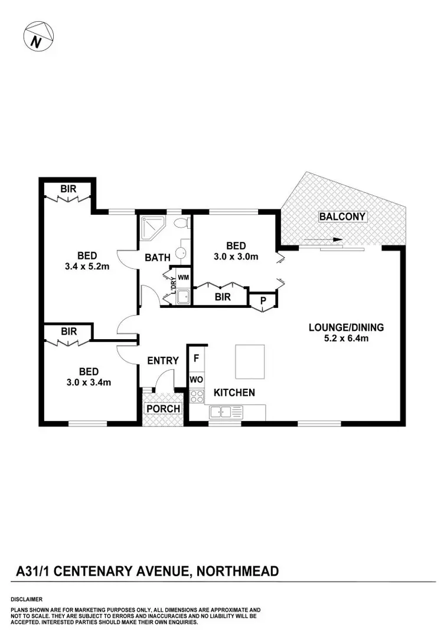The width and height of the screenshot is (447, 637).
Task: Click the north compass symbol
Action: [38, 37]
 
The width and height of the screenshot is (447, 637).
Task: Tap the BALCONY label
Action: [342, 216]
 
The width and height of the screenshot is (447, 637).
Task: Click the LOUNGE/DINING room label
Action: [346, 327]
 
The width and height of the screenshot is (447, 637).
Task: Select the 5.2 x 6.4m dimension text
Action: [346, 338]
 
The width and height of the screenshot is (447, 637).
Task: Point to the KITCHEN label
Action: [234, 392]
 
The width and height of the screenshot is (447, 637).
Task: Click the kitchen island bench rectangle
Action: [250, 362]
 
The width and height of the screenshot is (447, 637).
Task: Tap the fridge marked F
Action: [196, 359]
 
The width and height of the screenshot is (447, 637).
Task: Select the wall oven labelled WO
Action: [196, 380]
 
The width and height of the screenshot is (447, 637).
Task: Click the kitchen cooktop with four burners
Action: [197, 396]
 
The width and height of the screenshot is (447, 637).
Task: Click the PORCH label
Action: [163, 409]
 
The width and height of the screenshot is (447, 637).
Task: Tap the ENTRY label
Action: [163, 361]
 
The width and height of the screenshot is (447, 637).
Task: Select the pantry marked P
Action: [263, 301]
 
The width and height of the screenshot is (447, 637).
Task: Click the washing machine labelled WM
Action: [183, 277]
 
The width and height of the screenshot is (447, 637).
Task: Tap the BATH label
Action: [158, 258]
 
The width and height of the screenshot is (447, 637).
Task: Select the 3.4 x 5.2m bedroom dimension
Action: [87, 267]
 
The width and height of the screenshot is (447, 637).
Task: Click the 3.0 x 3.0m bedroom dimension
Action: [236, 257]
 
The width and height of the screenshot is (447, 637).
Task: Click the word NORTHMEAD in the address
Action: [237, 571]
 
